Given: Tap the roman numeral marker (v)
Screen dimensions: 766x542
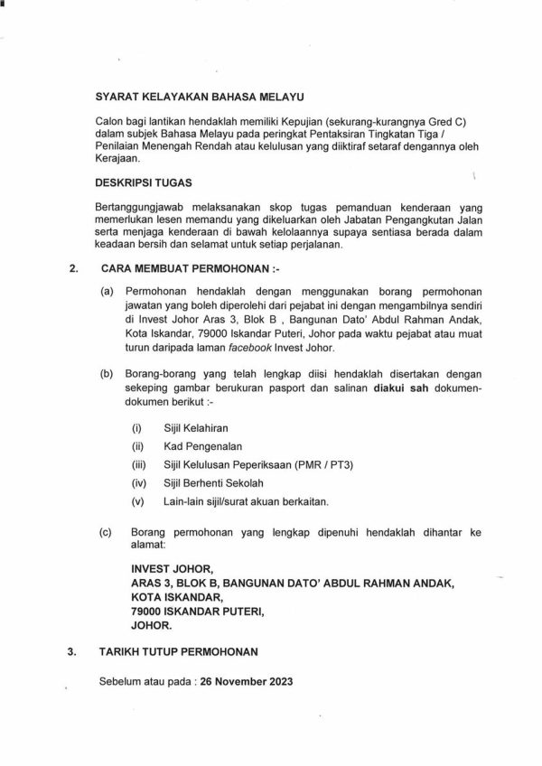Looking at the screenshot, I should [x=137, y=502].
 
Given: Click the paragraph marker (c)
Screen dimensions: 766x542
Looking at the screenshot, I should [x=107, y=534].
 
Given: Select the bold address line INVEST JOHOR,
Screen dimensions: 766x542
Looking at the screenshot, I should [x=173, y=570].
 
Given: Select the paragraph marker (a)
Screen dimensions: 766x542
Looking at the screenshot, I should [x=107, y=294].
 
